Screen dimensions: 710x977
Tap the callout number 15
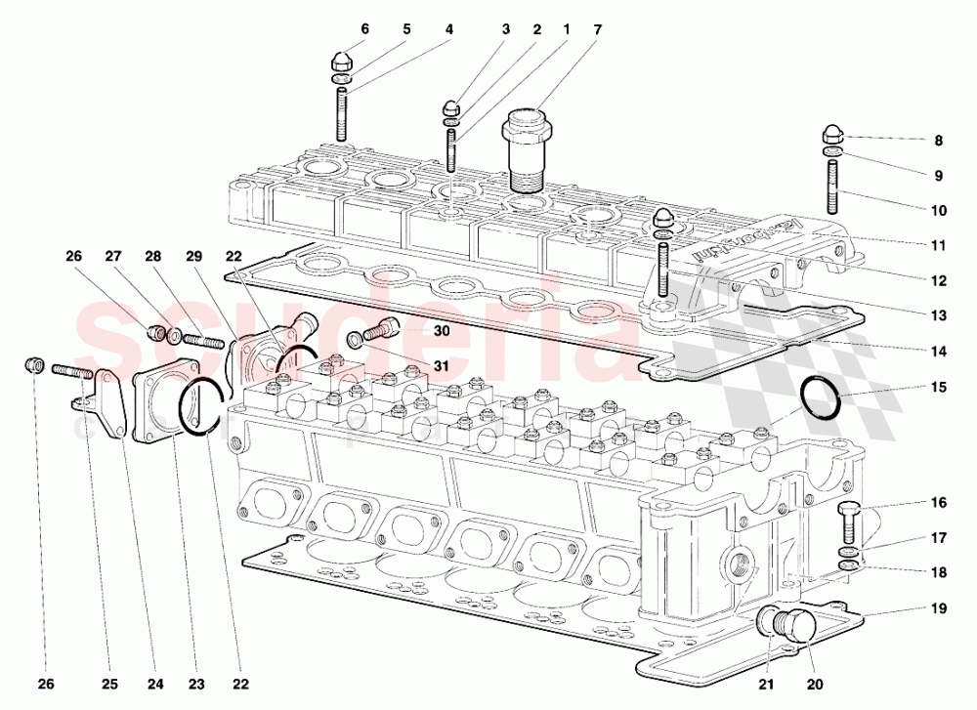click(x=938, y=388)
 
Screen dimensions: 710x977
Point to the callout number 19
click(x=938, y=609)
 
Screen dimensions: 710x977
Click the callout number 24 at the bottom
click(x=153, y=683)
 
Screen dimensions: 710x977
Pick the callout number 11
click(x=938, y=245)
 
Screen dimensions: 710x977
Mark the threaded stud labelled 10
click(x=832, y=188)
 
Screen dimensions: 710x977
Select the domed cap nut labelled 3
click(x=451, y=106)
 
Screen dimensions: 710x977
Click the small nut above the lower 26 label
click(x=31, y=366)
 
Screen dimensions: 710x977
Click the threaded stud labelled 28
click(x=204, y=341)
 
